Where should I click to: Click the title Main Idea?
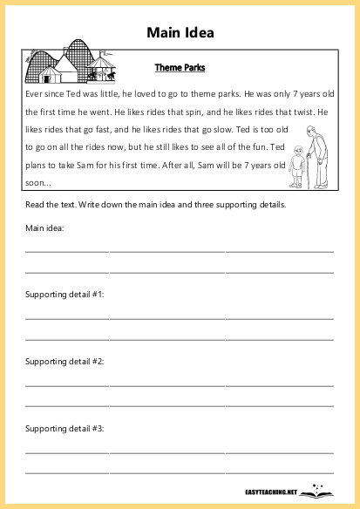(180, 33)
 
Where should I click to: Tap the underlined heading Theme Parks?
(180, 67)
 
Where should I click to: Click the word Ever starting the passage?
(35, 92)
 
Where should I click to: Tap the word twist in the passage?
(305, 113)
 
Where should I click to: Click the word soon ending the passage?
(37, 182)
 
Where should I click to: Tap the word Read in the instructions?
(35, 205)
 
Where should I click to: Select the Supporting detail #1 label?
(65, 295)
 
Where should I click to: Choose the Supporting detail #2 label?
(65, 362)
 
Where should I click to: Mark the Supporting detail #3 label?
(65, 429)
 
